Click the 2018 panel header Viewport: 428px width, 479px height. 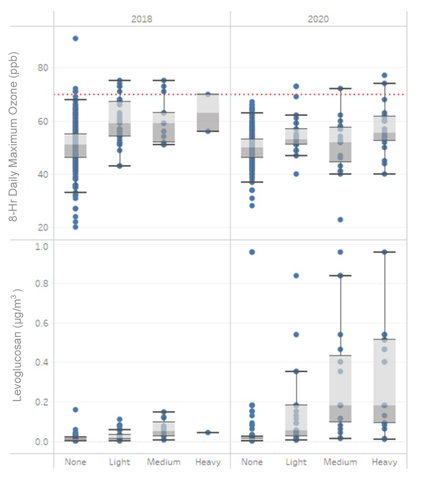(141, 19)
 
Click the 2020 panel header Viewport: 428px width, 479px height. (318, 19)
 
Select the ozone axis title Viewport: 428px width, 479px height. (14, 137)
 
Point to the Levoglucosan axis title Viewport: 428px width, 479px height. (18, 345)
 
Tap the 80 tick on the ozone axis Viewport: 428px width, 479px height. (43, 68)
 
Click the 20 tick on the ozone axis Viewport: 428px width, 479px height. (43, 227)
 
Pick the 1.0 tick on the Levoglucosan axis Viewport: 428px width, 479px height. (42, 247)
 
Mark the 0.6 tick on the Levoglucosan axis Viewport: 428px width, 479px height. (42, 323)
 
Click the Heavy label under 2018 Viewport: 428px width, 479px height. (208, 462)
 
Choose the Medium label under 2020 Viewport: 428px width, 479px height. (340, 462)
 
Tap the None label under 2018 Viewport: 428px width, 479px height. (75, 462)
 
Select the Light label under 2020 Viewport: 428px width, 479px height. (296, 462)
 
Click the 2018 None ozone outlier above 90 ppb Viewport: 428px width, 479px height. (75, 38)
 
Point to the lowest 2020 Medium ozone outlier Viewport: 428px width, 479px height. (340, 220)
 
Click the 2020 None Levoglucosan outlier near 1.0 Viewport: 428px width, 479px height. (252, 252)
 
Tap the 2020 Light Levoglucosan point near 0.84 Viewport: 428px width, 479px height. (296, 276)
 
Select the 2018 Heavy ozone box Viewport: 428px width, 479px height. (208, 113)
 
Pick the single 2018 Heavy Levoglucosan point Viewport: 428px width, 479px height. (208, 432)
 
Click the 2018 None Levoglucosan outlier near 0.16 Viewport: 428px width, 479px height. (75, 410)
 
